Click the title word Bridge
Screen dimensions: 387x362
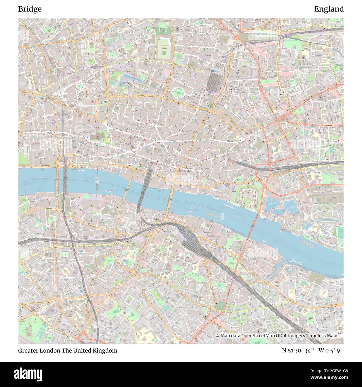click(30, 9)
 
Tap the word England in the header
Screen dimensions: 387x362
click(329, 9)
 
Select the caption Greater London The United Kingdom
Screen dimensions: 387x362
click(68, 351)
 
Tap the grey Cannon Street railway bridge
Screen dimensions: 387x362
click(145, 187)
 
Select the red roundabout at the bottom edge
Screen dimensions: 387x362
click(82, 338)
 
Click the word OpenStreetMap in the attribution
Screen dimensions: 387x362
click(258, 336)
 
